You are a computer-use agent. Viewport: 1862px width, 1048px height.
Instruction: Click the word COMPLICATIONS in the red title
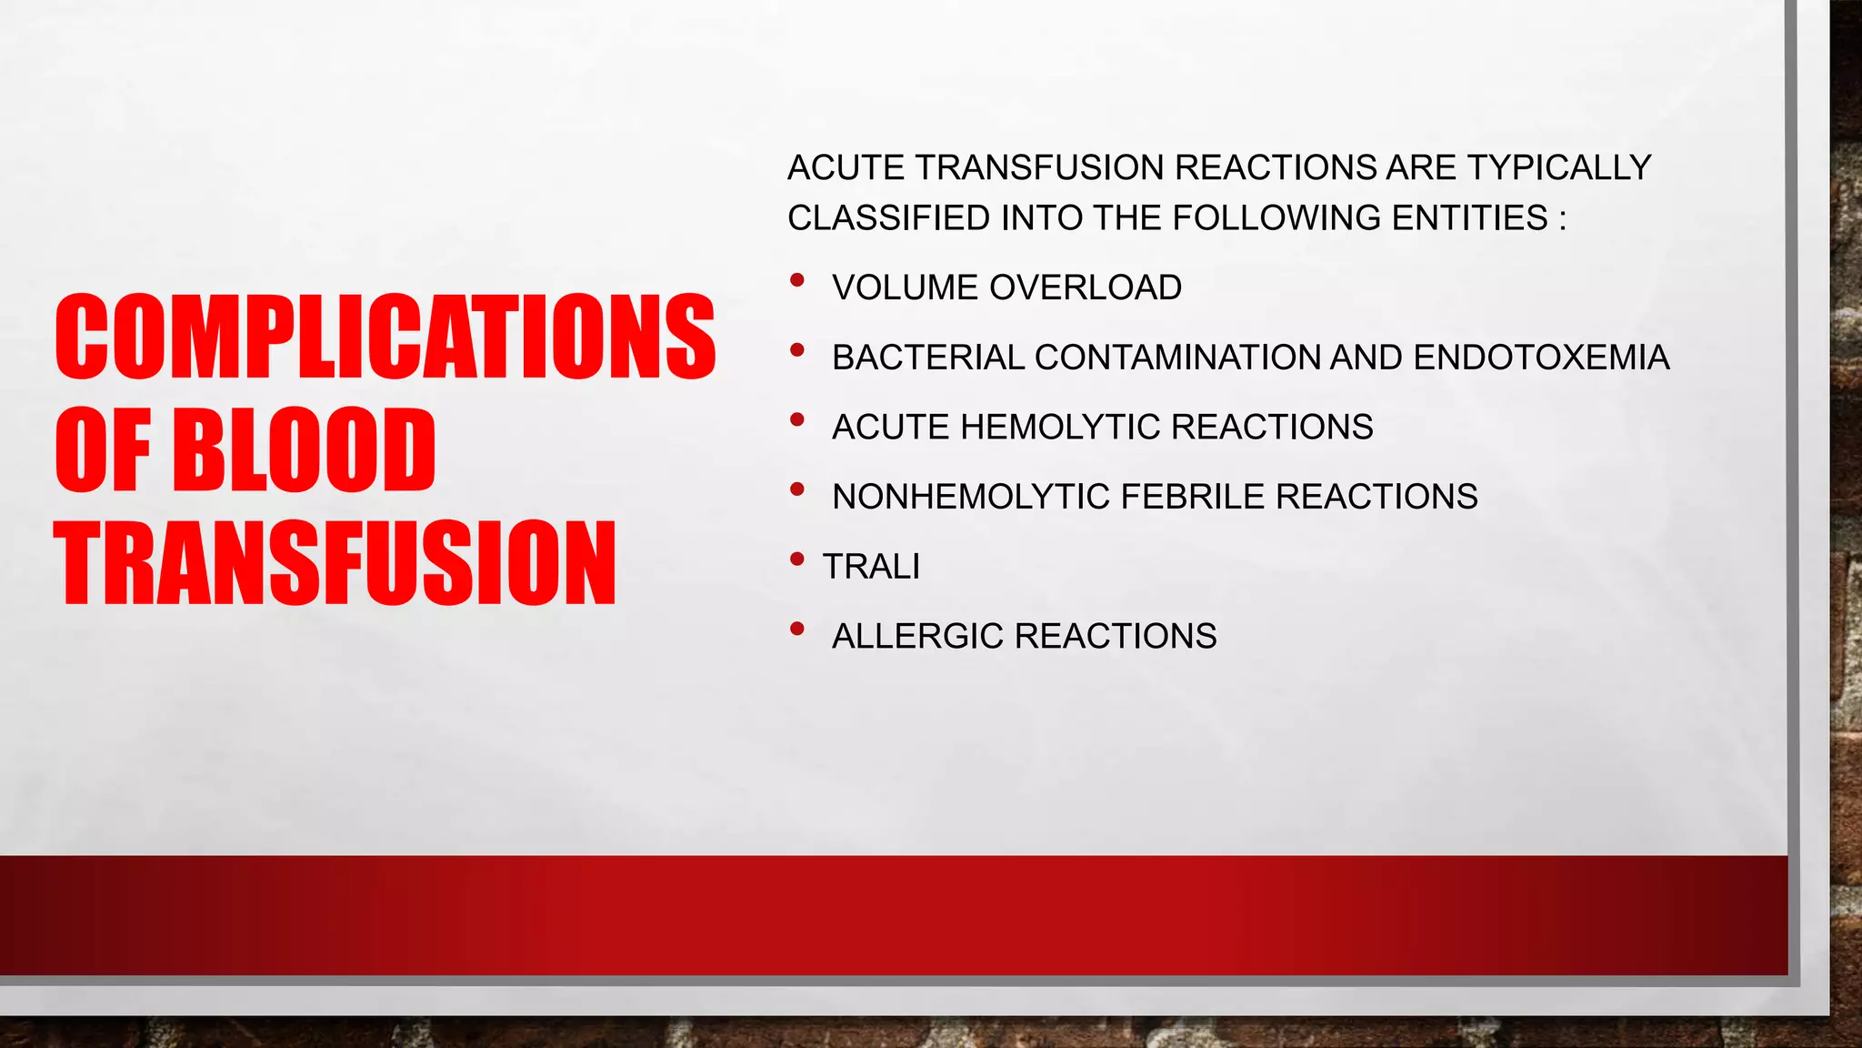385,337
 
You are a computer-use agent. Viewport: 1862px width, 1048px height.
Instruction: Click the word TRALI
871,567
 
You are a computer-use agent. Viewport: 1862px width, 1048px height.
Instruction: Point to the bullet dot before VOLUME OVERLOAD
797,280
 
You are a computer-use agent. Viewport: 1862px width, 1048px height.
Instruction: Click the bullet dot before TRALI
797,559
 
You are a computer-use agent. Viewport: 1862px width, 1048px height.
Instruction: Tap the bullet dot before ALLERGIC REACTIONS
797,629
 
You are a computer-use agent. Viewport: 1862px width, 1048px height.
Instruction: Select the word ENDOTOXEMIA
1541,358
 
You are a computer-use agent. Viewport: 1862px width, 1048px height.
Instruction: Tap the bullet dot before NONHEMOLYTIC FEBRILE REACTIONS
797,489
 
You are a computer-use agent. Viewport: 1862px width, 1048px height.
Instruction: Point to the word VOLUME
905,287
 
